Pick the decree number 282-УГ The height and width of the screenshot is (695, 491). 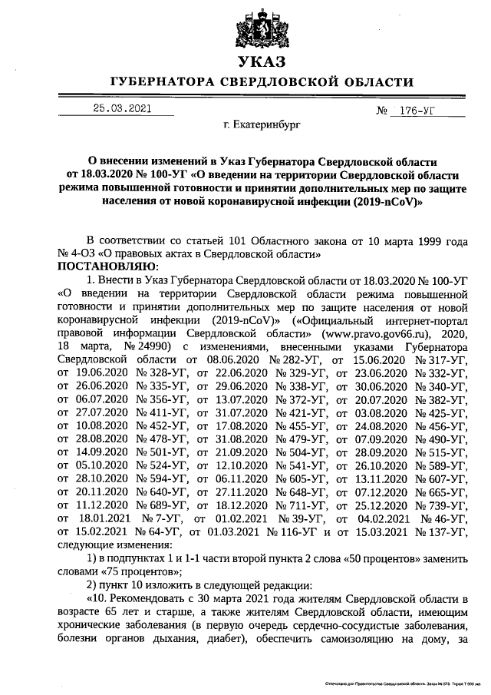pos(299,360)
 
